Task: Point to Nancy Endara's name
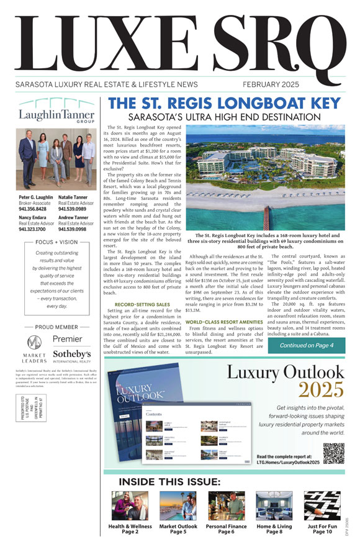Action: pyautogui.click(x=35, y=218)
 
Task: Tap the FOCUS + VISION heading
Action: pyautogui.click(x=56, y=242)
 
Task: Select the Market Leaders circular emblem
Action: pyautogui.click(x=35, y=360)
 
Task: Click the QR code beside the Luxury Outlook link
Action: pyautogui.click(x=334, y=453)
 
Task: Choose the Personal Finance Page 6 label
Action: pyautogui.click(x=226, y=530)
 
